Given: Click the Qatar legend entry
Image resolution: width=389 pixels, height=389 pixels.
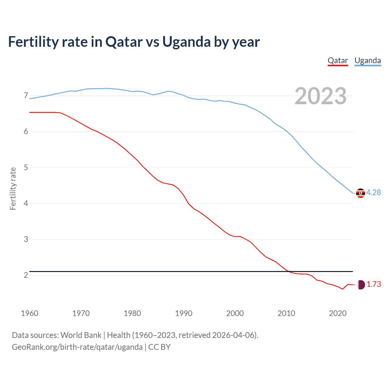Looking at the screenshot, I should (x=338, y=60).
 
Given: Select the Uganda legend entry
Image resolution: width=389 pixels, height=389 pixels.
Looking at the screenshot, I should (x=368, y=60).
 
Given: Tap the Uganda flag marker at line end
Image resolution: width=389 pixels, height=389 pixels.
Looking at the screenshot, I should (x=360, y=193).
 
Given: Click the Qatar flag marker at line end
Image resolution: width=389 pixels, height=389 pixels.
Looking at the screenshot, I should (x=360, y=285).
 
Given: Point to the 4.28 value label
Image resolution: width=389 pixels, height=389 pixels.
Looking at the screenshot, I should (x=374, y=193).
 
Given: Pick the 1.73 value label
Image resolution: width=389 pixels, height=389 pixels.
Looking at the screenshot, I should (x=374, y=284).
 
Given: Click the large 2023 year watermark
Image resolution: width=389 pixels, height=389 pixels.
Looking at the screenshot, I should (x=321, y=96).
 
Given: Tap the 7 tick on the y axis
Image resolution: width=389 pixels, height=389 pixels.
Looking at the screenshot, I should (x=26, y=96).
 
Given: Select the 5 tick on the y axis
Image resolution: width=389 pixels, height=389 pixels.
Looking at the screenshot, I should (x=26, y=167).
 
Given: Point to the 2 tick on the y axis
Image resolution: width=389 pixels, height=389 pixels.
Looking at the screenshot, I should (x=26, y=275).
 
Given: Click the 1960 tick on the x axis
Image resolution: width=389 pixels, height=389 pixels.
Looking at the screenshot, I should (x=29, y=313).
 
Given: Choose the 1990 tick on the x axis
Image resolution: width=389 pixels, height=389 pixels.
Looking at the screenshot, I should (x=184, y=313).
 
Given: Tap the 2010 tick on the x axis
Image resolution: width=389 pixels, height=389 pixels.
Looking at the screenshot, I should (x=286, y=313).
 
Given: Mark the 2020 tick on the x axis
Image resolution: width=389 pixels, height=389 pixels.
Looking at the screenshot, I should (x=338, y=313).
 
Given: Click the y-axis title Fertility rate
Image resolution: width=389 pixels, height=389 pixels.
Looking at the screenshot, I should (x=13, y=188).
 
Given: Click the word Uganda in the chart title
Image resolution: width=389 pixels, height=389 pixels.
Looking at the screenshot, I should (x=186, y=42).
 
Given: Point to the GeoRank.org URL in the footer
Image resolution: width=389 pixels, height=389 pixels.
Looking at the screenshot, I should (x=77, y=347).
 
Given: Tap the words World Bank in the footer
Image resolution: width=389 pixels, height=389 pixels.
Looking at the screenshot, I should (x=81, y=335).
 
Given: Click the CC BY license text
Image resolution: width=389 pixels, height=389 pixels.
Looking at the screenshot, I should (x=159, y=347).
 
